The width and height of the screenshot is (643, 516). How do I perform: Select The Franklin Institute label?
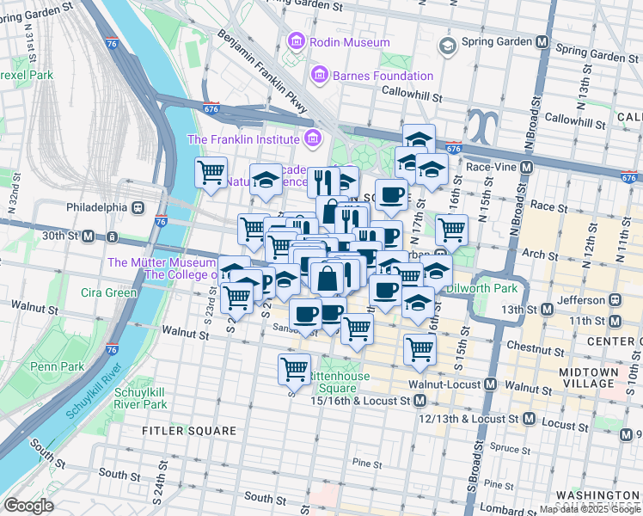tap(243, 139)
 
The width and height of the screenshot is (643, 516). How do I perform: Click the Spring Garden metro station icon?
tap(542, 41)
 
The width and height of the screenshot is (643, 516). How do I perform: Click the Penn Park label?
tap(56, 366)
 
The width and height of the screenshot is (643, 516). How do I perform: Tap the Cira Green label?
tap(109, 292)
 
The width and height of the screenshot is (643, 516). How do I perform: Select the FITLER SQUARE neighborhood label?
tap(190, 430)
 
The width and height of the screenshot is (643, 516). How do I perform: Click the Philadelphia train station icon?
tap(137, 207)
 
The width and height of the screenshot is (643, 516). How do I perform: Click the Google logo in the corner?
tap(28, 506)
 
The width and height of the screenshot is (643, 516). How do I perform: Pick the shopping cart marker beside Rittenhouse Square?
tap(294, 369)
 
